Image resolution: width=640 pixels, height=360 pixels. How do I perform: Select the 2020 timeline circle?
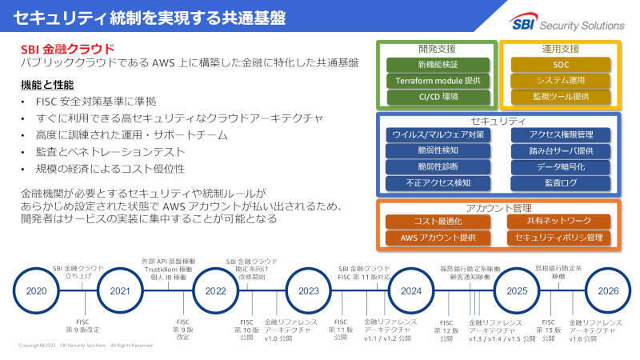[38, 291]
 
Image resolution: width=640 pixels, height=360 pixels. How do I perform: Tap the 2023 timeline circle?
[309, 291]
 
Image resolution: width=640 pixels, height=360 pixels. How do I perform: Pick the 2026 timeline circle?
[608, 291]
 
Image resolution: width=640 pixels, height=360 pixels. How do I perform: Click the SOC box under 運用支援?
[561, 64]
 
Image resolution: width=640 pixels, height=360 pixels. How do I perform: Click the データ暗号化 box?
[561, 167]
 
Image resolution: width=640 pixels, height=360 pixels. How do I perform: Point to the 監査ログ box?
[561, 183]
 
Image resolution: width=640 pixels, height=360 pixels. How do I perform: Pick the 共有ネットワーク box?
[558, 221]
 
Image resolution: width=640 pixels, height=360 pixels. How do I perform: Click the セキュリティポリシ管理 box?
[558, 238]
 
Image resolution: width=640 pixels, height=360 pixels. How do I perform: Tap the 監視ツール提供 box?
[561, 97]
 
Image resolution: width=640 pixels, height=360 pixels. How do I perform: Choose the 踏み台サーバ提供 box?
[561, 150]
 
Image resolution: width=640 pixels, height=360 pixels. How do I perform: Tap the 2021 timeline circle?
[120, 291]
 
